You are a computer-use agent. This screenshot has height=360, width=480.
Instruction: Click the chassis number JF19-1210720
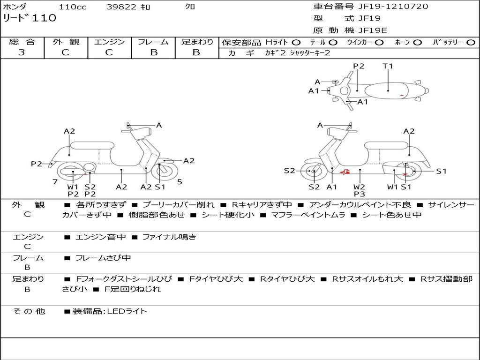pyautogui.click(x=387, y=7)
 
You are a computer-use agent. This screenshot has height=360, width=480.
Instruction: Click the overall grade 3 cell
pyautogui.click(x=22, y=52)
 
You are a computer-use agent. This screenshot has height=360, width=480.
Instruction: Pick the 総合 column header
pyautogui.click(x=22, y=42)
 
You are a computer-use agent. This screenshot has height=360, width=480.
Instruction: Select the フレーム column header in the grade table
pyautogui.click(x=153, y=42)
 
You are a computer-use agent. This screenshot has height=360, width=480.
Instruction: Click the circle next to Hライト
pyautogui.click(x=296, y=43)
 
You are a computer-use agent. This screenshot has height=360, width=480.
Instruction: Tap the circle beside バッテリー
pyautogui.click(x=471, y=43)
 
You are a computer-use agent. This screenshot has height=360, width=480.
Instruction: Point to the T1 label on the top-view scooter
pyautogui.click(x=388, y=66)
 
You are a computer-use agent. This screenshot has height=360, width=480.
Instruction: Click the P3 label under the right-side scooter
pyautogui.click(x=360, y=194)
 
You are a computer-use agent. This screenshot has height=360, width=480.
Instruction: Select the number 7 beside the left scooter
pyautogui.click(x=55, y=181)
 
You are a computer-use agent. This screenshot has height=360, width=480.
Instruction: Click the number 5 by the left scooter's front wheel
pyautogui.click(x=180, y=181)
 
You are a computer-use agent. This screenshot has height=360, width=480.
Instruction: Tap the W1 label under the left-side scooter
pyautogui.click(x=73, y=187)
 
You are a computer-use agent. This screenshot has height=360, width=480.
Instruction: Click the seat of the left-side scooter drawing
pyautogui.click(x=92, y=145)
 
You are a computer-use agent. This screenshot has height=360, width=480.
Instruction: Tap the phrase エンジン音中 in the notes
pyautogui.click(x=100, y=237)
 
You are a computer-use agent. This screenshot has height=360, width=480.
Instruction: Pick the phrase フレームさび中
pyautogui.click(x=103, y=258)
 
